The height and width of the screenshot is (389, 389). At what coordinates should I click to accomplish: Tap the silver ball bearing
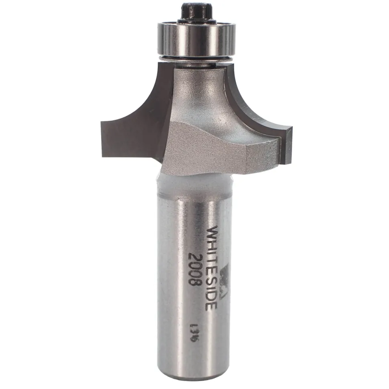click(196, 39)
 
